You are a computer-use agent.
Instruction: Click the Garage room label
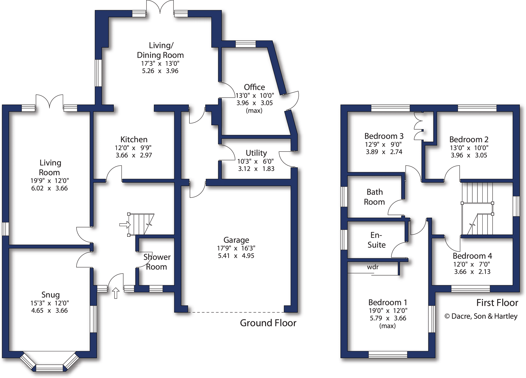click(x=236, y=240)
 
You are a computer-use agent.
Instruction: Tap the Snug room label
click(x=50, y=295)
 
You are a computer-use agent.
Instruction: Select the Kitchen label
click(x=134, y=140)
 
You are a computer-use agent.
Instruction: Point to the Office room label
click(x=254, y=87)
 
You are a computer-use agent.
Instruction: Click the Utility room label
click(x=256, y=153)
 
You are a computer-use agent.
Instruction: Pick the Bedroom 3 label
click(x=384, y=136)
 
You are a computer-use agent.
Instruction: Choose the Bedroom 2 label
click(x=469, y=140)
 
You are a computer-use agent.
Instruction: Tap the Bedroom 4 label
click(x=472, y=256)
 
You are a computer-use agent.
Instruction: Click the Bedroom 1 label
click(x=388, y=303)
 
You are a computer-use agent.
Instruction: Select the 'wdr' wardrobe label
click(x=373, y=267)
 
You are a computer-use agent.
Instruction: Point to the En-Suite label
click(x=376, y=240)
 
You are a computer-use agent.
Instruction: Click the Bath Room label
click(x=374, y=197)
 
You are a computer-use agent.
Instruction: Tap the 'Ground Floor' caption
click(x=268, y=323)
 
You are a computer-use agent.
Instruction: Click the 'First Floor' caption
click(x=497, y=303)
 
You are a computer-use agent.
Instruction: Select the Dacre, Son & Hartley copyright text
click(x=481, y=316)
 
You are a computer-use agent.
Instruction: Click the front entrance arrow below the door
click(x=115, y=293)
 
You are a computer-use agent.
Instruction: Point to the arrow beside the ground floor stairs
click(x=124, y=225)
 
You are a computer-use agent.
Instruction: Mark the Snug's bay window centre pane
click(x=49, y=368)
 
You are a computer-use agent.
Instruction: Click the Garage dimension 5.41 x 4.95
click(x=236, y=256)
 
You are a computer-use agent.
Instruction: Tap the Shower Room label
click(x=157, y=262)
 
